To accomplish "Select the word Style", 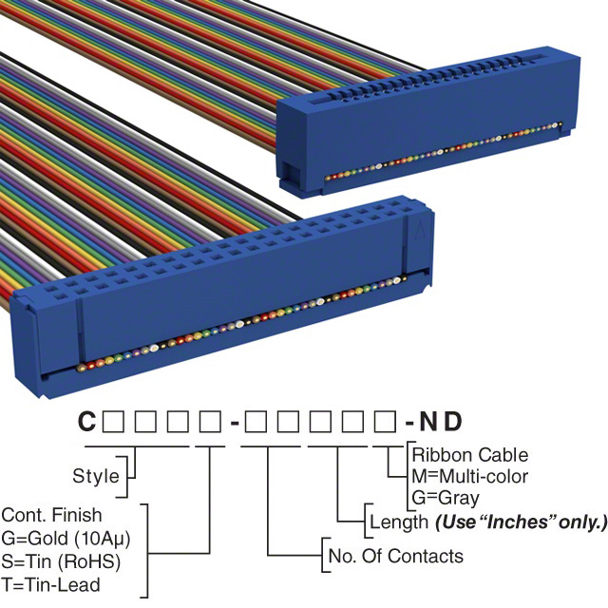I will point(96,476).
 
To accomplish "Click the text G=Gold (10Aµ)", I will point(66,538).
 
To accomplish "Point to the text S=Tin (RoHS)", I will point(60,560).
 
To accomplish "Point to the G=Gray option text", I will point(446,497).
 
